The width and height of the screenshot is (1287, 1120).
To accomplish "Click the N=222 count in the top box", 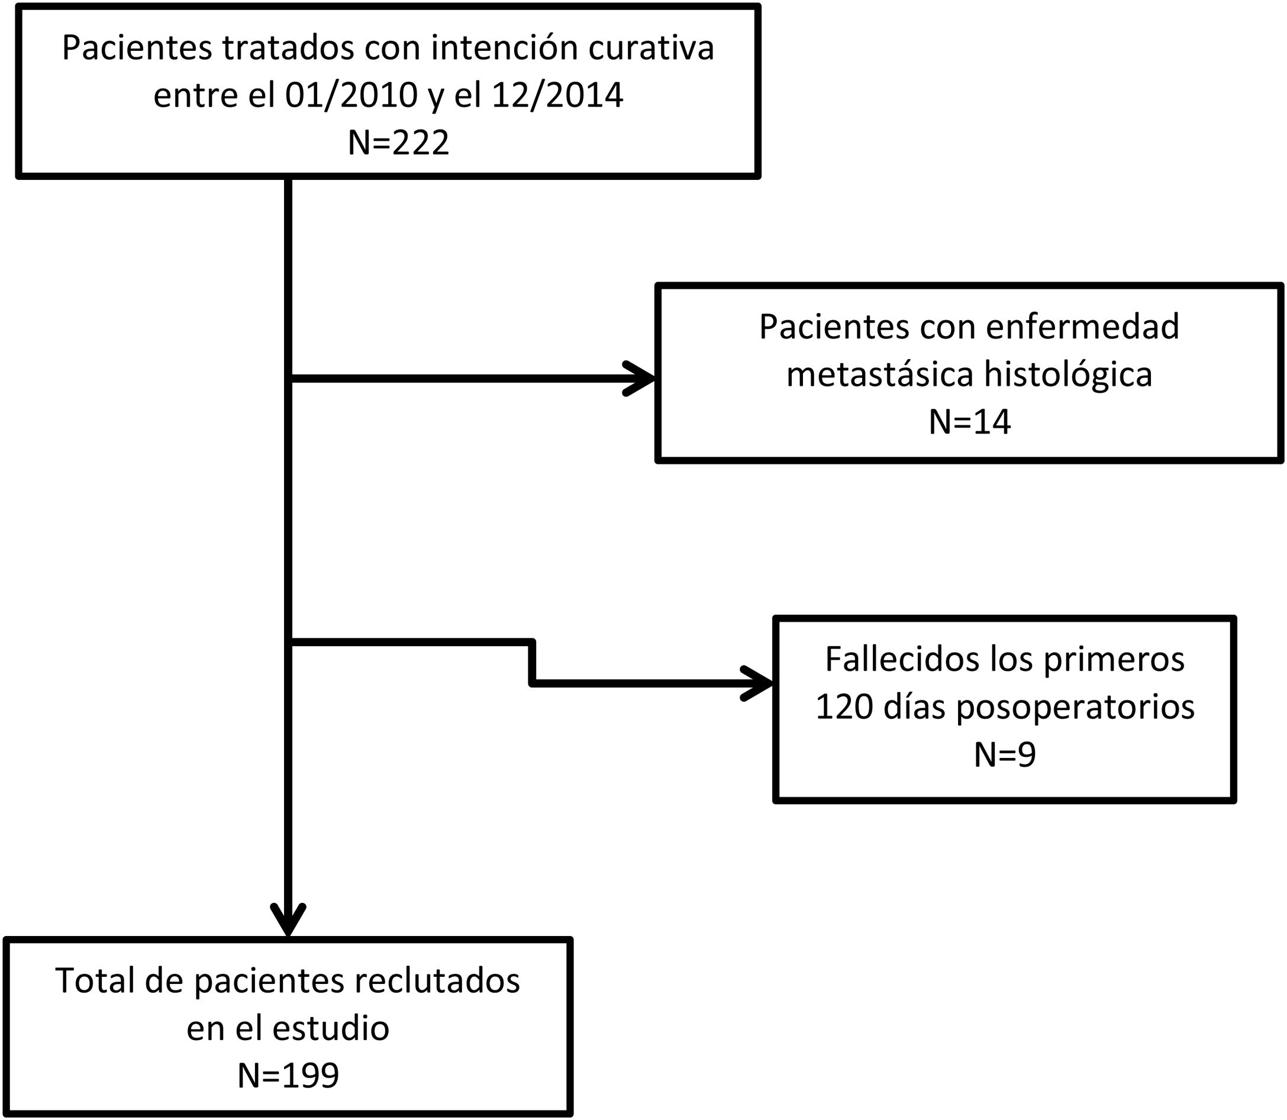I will point(398,143).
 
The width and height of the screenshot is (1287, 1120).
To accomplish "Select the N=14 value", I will point(969,422).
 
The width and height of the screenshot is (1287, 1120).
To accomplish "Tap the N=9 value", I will point(1005,754).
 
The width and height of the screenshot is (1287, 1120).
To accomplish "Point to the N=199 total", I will point(288,1076).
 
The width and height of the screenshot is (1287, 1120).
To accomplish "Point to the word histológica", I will point(1068,375).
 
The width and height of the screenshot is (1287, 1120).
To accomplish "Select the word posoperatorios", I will point(1076,708).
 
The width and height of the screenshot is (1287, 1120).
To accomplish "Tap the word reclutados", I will point(437,980).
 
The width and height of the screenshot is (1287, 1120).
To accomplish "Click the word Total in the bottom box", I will point(95,980).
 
